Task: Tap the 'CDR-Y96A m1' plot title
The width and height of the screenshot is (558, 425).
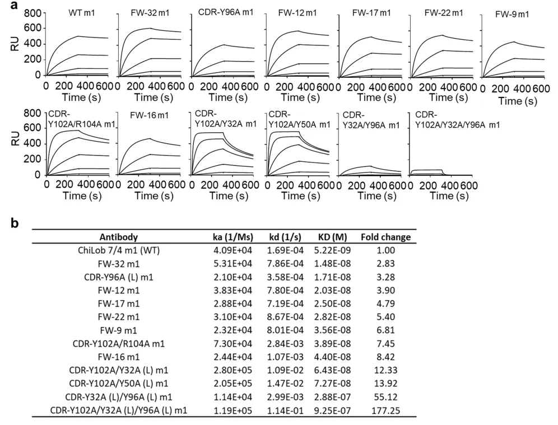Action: [x=223, y=12]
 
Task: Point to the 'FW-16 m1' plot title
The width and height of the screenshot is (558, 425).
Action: [x=151, y=115]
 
